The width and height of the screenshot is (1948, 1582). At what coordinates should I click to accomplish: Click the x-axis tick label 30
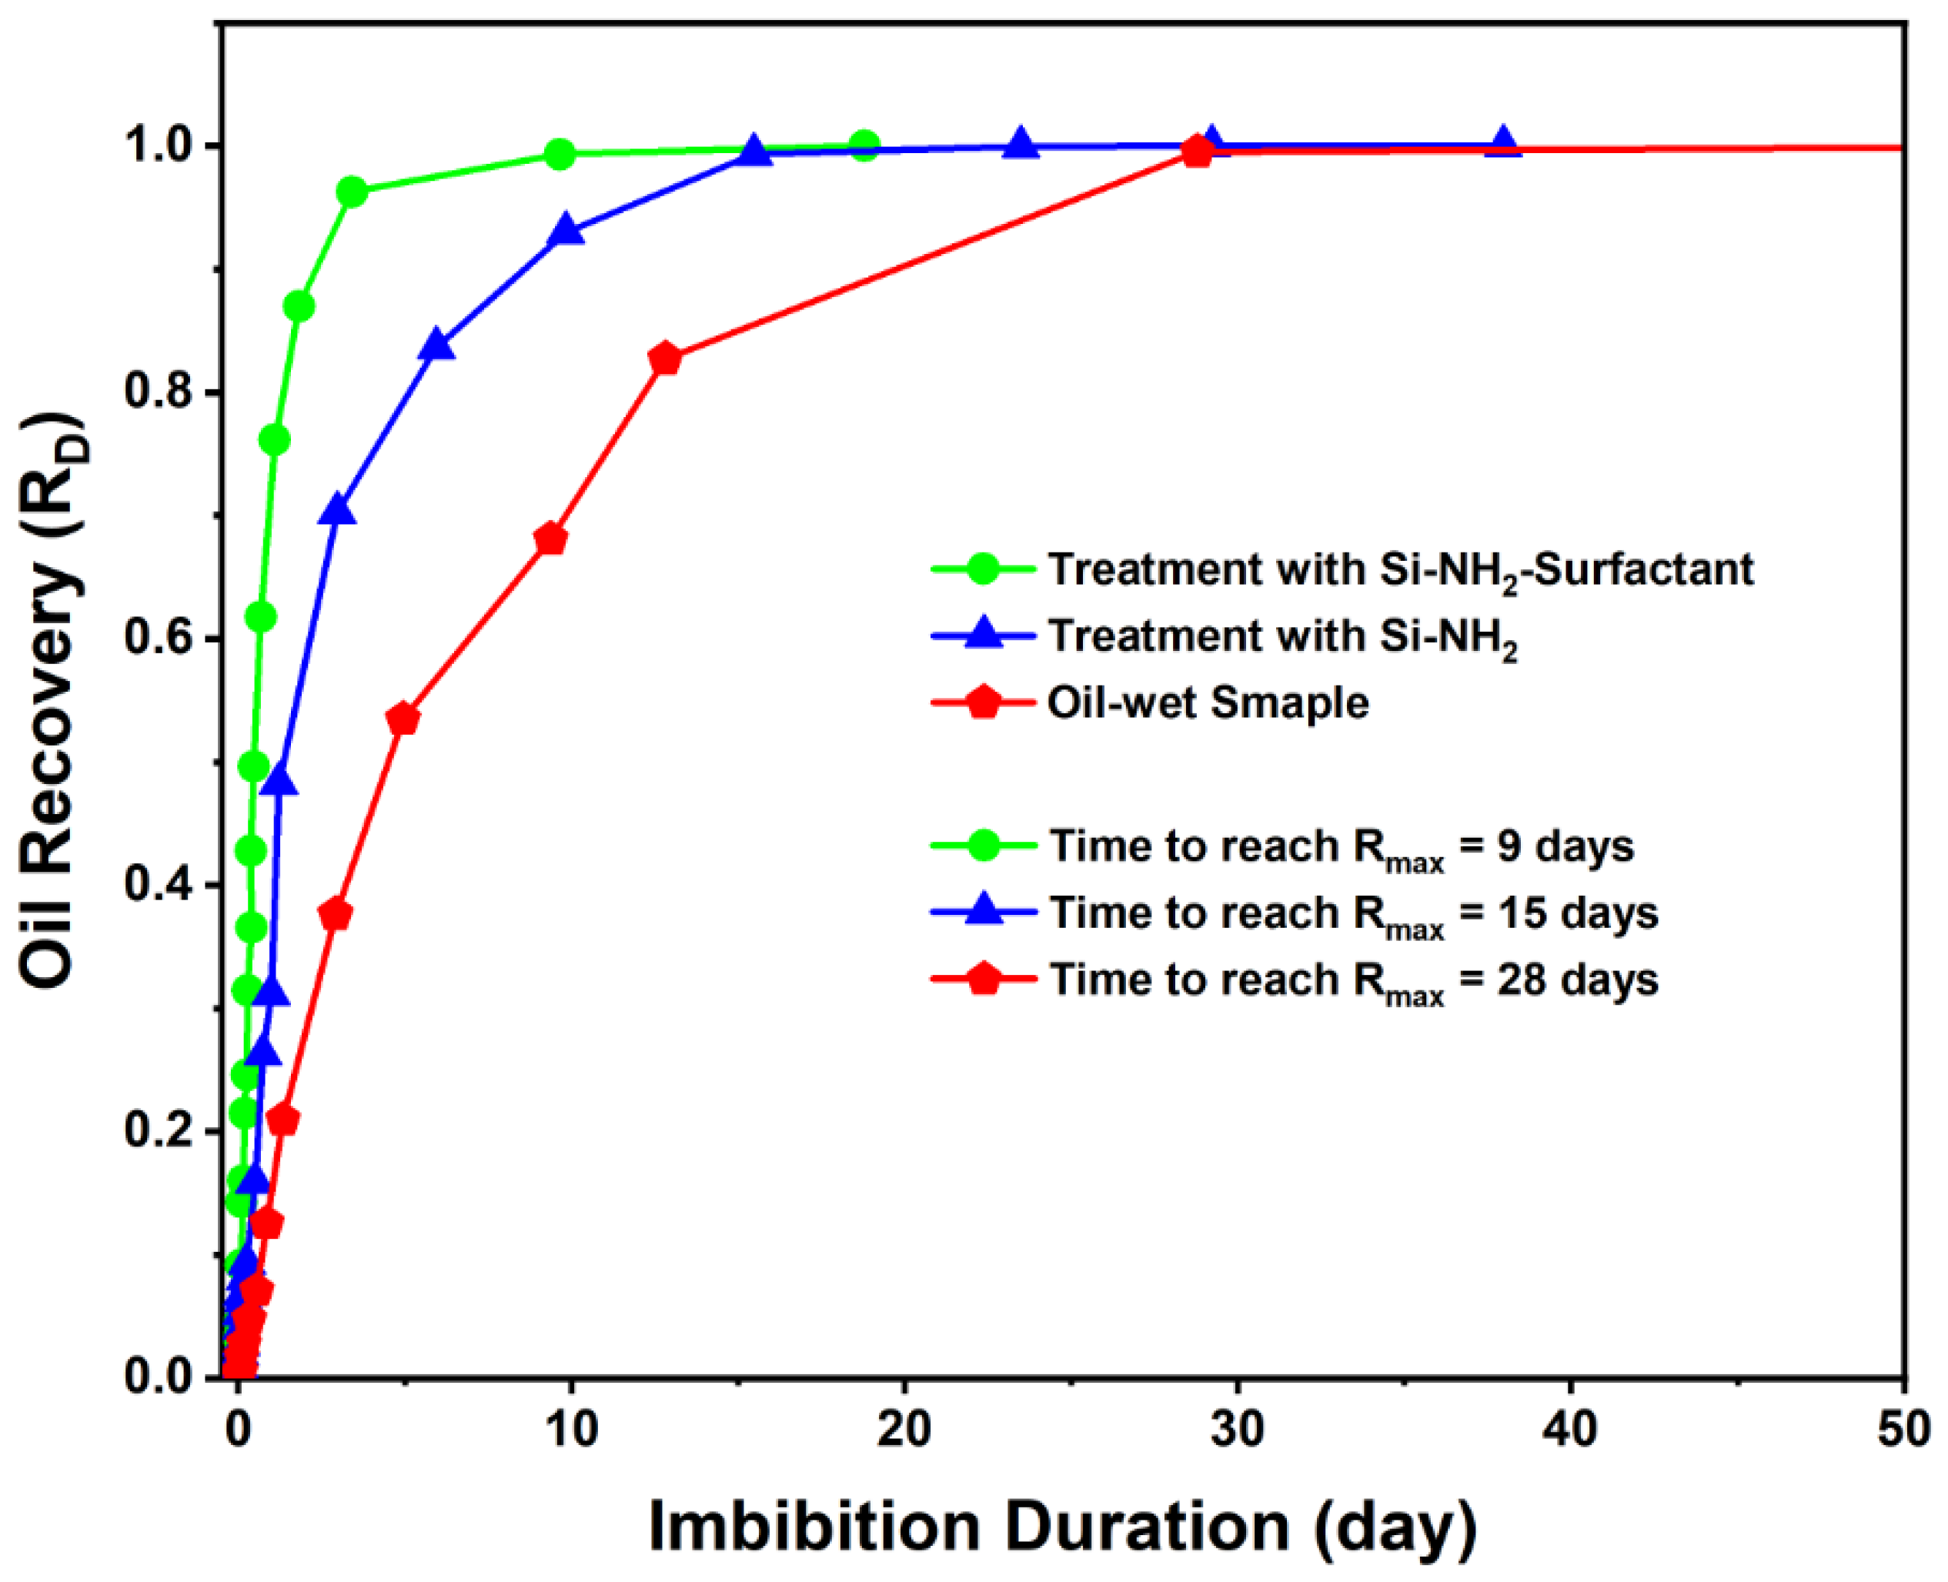tap(1237, 1429)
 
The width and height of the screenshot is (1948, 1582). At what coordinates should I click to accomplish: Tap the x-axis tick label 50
tap(1904, 1429)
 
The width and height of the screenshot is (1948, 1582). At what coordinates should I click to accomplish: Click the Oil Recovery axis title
tap(52, 702)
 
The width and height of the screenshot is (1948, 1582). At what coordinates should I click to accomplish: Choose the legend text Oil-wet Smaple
tap(1208, 703)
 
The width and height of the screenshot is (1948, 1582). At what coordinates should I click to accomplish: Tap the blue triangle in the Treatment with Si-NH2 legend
tap(984, 633)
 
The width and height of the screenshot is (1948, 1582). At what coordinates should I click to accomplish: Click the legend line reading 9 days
tap(1340, 846)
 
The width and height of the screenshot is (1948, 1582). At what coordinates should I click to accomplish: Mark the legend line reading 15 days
tap(1353, 913)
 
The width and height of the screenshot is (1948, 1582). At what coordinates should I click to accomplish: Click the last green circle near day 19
tap(865, 145)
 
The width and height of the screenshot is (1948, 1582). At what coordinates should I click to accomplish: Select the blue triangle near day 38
tap(1503, 143)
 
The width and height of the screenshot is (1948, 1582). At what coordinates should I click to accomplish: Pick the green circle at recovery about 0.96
tap(352, 192)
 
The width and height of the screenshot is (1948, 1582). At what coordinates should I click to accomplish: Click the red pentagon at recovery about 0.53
tap(403, 719)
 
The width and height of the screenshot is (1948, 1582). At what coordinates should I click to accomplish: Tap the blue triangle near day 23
tap(1021, 144)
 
